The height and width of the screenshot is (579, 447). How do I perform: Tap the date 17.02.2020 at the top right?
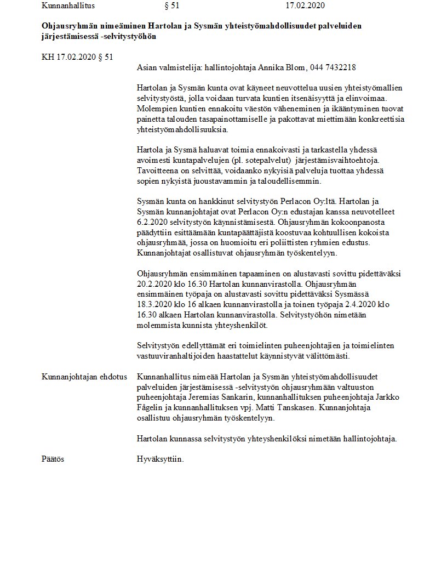(305, 6)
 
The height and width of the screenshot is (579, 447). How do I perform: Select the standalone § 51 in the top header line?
(171, 6)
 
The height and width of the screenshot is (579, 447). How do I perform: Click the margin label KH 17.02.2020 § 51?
(77, 57)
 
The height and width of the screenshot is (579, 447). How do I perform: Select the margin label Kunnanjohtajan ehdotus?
(84, 377)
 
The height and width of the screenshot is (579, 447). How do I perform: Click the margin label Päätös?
(53, 458)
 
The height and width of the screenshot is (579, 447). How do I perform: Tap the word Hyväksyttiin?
(161, 458)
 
